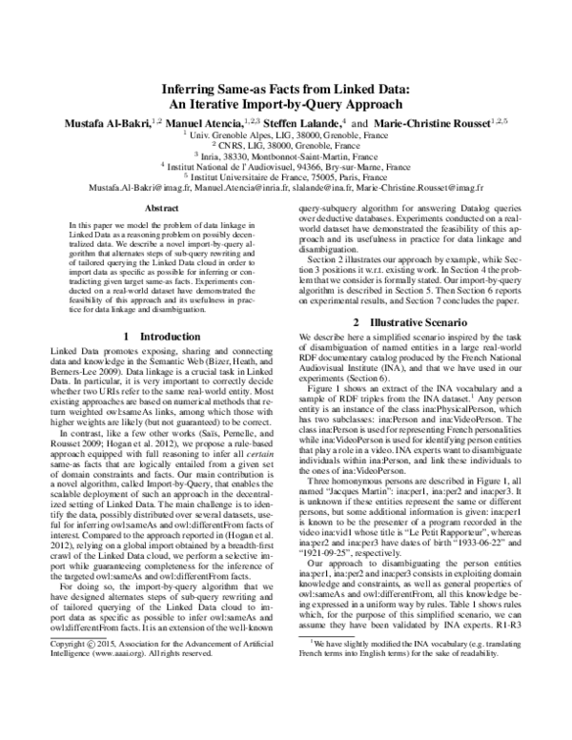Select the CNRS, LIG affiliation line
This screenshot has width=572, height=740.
pos(285,147)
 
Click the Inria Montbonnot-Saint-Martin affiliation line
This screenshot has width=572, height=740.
pos(285,157)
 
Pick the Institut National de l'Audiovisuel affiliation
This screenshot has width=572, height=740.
pos(285,168)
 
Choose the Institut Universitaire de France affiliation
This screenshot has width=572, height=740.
pos(285,178)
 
